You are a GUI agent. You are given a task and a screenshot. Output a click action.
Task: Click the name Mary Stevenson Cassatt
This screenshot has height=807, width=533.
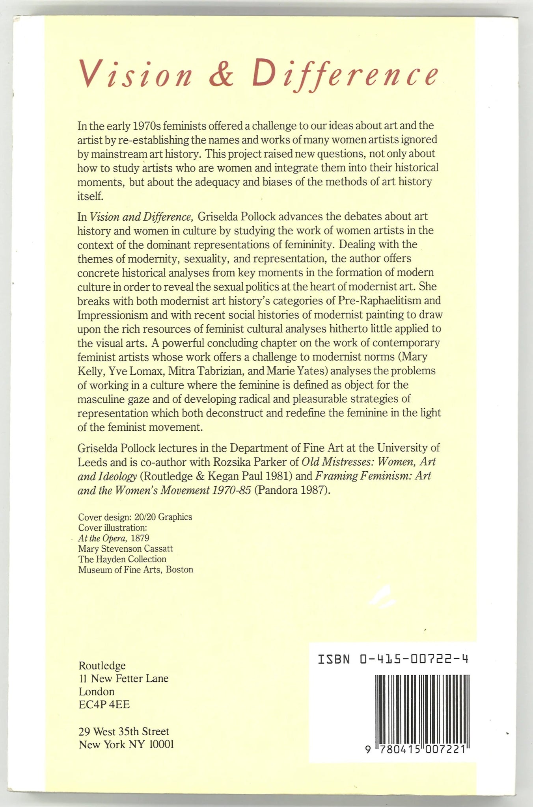(125, 549)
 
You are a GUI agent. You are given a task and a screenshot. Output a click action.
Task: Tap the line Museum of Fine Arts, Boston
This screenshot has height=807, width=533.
(136, 569)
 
